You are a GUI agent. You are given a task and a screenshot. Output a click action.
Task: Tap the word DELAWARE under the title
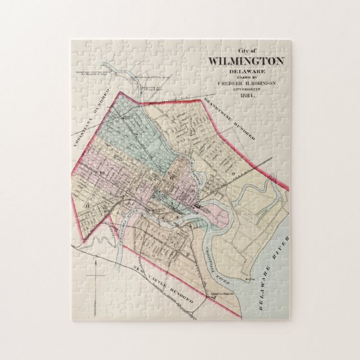pyautogui.click(x=245, y=70)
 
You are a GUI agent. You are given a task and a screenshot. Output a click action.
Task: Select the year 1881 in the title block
pyautogui.click(x=245, y=95)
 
